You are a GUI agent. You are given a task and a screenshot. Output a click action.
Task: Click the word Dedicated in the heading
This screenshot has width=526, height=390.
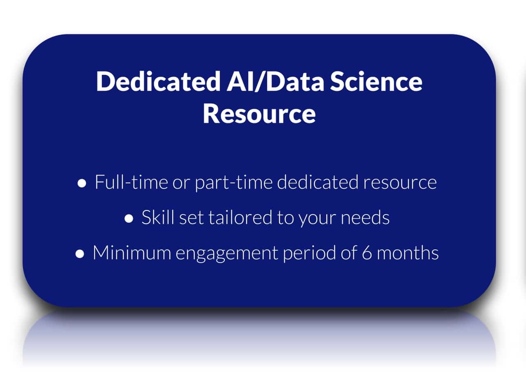click(x=158, y=81)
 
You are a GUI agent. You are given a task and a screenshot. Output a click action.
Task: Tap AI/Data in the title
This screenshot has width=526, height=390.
click(x=275, y=81)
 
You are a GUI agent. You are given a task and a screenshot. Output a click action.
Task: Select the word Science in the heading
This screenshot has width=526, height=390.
click(x=376, y=81)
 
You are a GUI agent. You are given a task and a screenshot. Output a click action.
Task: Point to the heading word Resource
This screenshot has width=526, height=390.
click(x=259, y=114)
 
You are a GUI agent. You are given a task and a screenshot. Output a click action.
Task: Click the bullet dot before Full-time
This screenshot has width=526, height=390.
click(x=82, y=183)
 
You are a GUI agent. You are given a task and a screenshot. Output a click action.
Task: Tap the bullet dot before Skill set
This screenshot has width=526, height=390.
click(x=129, y=219)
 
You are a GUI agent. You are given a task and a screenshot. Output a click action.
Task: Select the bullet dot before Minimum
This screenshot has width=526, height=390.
click(x=80, y=254)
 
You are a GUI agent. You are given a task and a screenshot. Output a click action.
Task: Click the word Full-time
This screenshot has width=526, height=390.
click(x=131, y=182)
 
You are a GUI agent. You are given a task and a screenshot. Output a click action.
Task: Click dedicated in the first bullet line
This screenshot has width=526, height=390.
click(x=317, y=182)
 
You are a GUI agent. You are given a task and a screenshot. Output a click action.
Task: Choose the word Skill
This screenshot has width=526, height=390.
click(x=158, y=217)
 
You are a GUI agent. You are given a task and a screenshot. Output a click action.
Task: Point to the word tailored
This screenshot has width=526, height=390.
click(x=240, y=217)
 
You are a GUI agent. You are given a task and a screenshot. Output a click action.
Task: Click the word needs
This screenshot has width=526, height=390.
click(x=365, y=217)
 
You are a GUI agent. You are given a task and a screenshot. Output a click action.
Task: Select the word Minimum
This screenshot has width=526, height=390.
click(x=132, y=252)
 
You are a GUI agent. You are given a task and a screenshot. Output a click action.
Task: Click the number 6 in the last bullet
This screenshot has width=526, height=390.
click(x=367, y=253)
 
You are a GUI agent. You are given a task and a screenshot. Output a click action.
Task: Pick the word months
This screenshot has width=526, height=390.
click(x=408, y=252)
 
